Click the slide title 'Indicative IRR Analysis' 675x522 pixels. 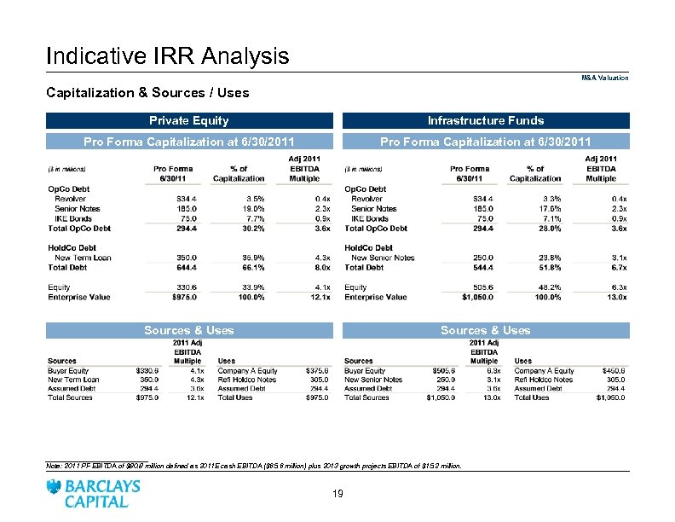pyautogui.click(x=167, y=56)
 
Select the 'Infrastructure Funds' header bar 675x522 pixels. pyautogui.click(x=485, y=120)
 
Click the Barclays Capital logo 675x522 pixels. pyautogui.click(x=95, y=494)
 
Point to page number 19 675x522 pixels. pyautogui.click(x=337, y=493)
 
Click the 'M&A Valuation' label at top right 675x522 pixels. pyautogui.click(x=605, y=78)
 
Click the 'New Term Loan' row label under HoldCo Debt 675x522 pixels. pyautogui.click(x=83, y=258)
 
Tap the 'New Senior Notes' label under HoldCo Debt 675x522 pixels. pyautogui.click(x=383, y=258)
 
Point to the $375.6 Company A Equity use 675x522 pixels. pyautogui.click(x=315, y=371)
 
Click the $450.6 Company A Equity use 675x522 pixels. pyautogui.click(x=613, y=371)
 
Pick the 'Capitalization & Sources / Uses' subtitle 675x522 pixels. pyautogui.click(x=147, y=92)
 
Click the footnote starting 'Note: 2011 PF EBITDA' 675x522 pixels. pyautogui.click(x=253, y=467)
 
